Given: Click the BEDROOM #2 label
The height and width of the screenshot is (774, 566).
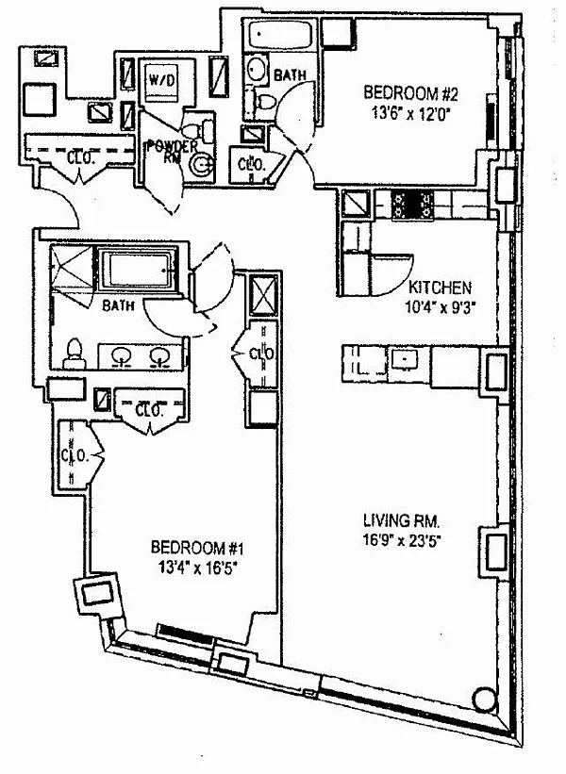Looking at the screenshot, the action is point(410,93).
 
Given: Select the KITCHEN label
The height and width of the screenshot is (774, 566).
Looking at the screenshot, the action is point(440,288).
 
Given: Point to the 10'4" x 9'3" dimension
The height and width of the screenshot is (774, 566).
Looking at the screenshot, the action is point(439,305).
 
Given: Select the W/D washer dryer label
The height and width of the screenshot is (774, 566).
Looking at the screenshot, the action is point(160,80).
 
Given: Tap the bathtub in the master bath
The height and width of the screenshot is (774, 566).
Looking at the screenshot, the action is point(141,271).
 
